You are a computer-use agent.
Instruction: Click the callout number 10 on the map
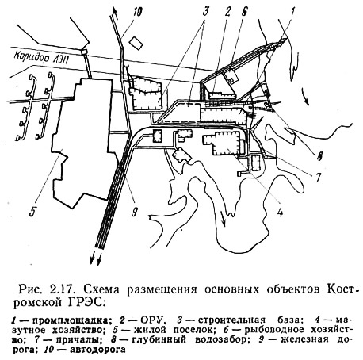point(138,12)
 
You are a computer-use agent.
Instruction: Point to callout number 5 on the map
point(32,211)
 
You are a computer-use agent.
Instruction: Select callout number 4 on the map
point(280,212)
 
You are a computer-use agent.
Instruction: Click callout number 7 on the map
point(318,178)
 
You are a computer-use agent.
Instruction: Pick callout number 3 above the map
point(206,11)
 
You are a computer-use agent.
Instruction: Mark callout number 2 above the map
point(228,11)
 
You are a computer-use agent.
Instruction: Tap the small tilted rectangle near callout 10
point(136,43)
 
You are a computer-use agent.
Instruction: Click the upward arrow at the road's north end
point(115,13)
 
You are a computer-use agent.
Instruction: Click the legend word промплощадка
point(71,320)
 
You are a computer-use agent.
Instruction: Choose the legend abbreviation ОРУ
point(153,320)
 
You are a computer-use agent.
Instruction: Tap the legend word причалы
point(76,339)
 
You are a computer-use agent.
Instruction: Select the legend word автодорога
point(98,350)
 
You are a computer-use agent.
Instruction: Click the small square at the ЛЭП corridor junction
point(85,52)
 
